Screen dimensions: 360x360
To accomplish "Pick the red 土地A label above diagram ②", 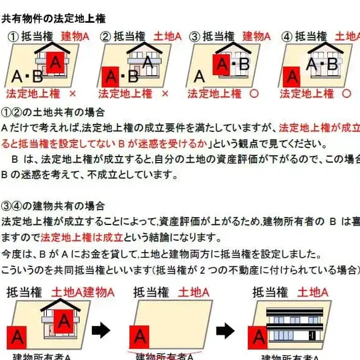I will click(167, 36).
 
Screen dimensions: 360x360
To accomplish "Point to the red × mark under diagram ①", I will click(72, 94).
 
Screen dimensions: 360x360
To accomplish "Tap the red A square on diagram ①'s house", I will click(55, 62).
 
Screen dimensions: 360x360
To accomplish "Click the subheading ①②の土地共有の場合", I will click(54, 113).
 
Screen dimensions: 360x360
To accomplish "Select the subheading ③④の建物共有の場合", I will click(54, 205).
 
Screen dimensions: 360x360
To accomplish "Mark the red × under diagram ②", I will click(164, 94).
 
